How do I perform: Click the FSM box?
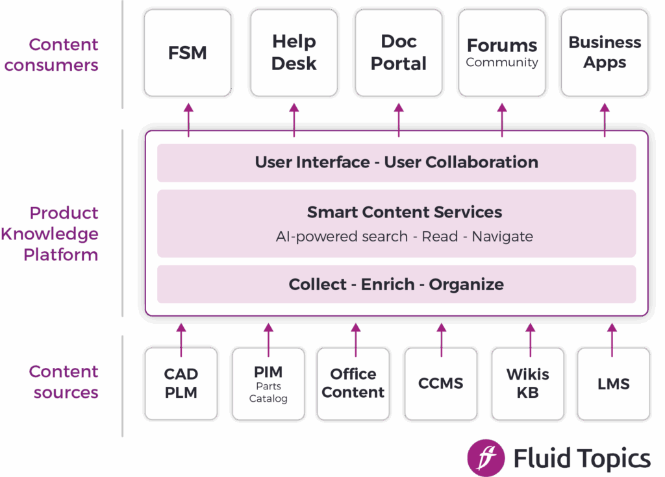tap(188, 53)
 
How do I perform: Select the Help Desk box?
tap(294, 53)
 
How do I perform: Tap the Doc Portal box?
tap(398, 53)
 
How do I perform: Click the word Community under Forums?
tap(502, 63)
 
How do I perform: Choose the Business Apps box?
tap(605, 53)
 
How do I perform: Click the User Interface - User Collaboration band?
tap(396, 162)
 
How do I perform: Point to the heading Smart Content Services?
tap(404, 212)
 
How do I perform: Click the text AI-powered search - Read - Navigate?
tap(404, 236)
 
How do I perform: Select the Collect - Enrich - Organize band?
tap(396, 284)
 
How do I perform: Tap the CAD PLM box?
tap(181, 383)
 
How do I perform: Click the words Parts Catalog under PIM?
tap(268, 393)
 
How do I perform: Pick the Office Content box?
tap(353, 383)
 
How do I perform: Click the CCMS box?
tap(441, 383)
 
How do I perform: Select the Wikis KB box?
tap(527, 383)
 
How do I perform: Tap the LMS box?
tap(613, 383)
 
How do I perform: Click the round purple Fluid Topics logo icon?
tap(486, 457)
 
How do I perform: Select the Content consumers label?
tap(64, 55)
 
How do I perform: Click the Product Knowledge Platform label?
tap(52, 234)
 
